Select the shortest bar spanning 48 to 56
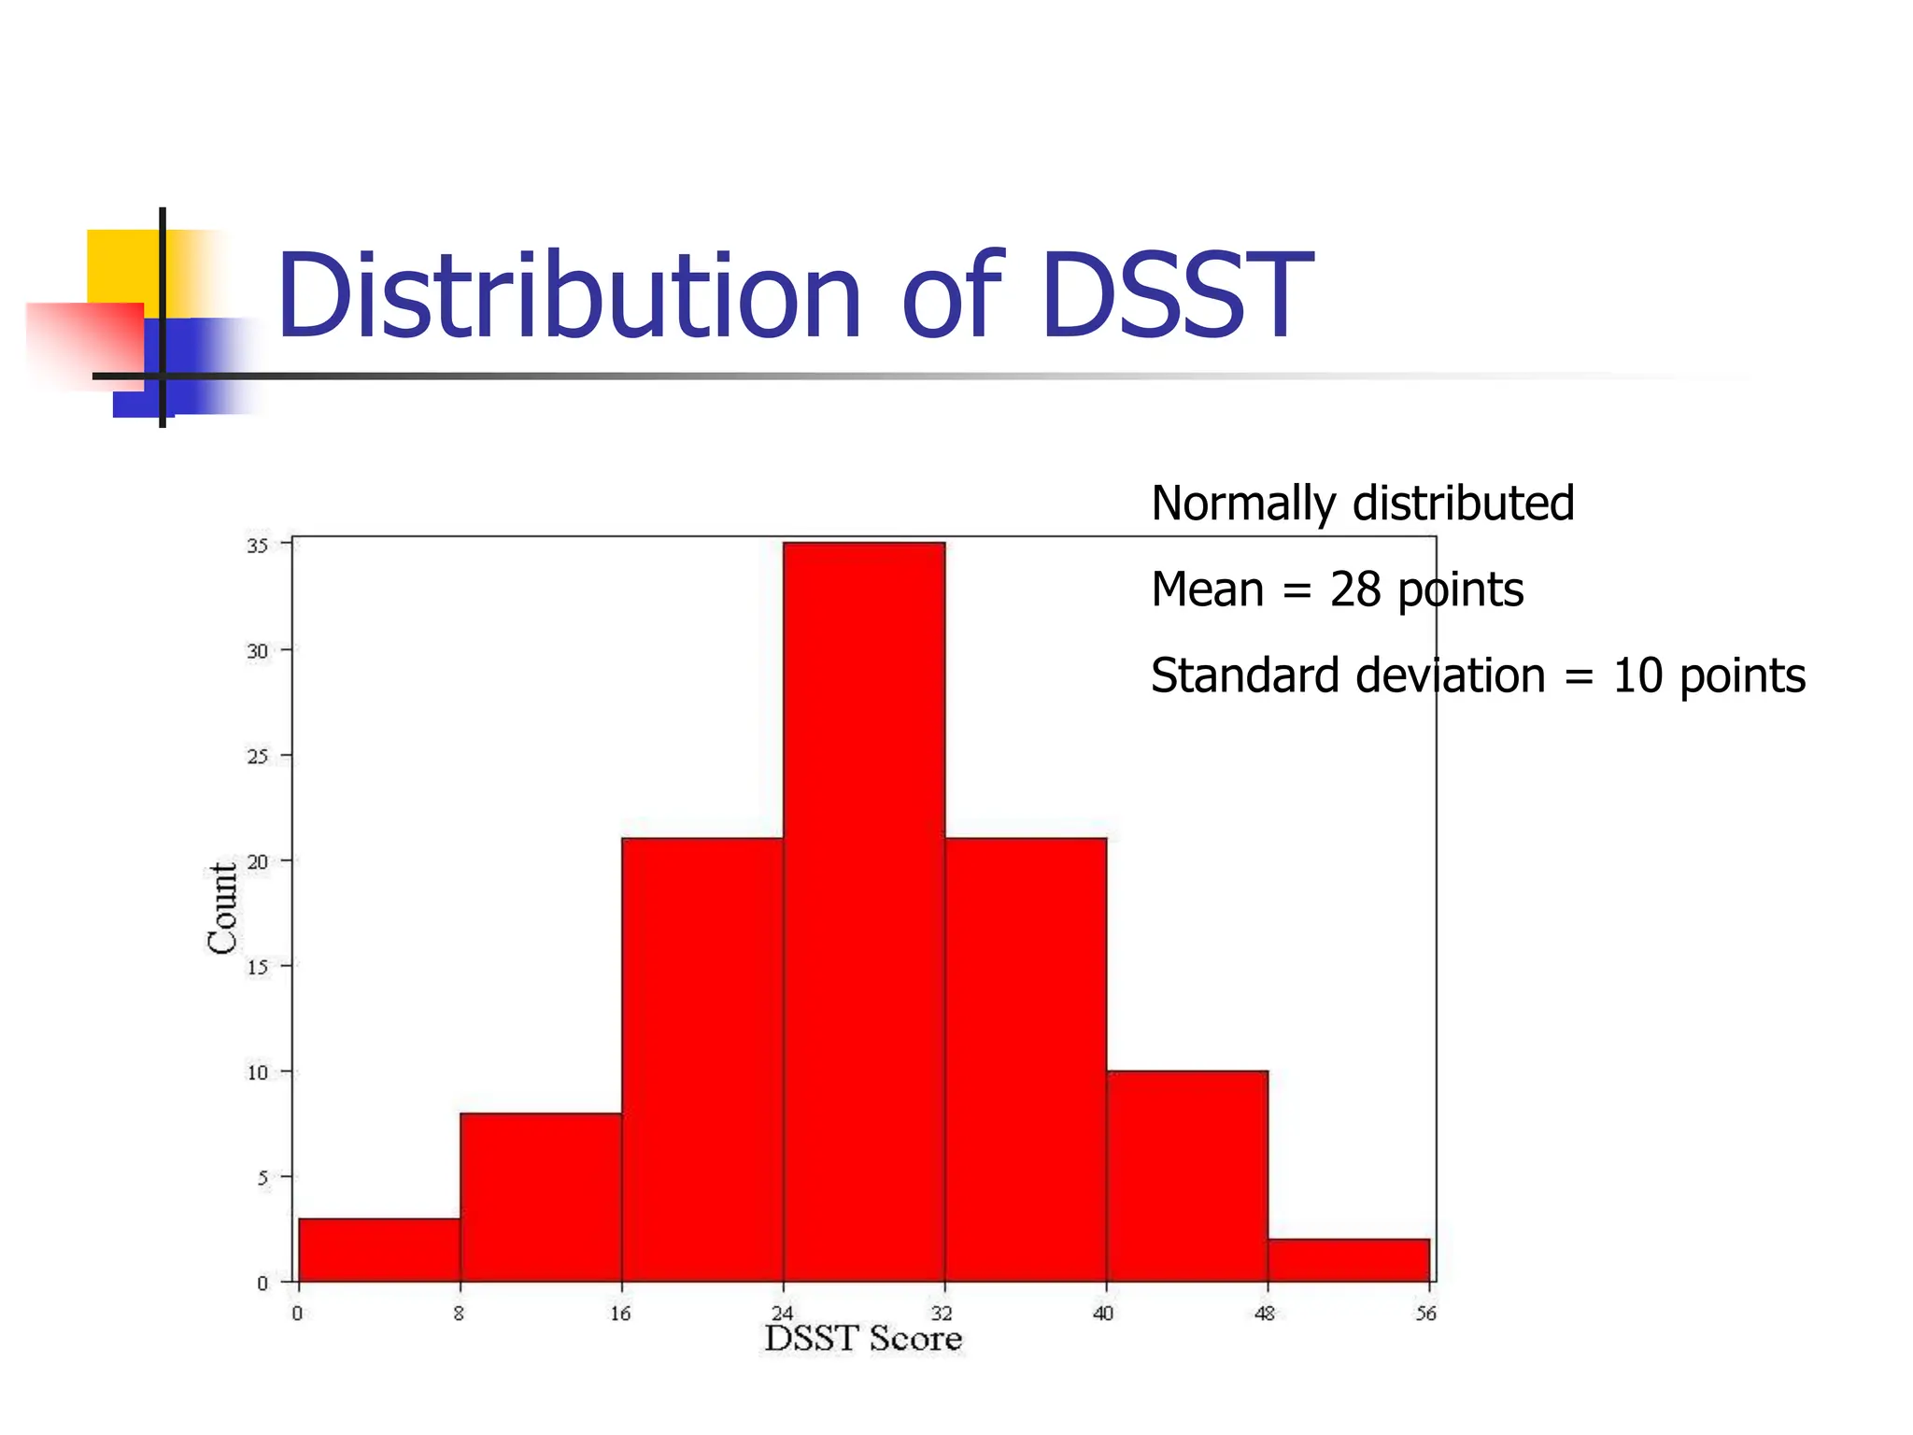pyautogui.click(x=1349, y=1259)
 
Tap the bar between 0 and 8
pyautogui.click(x=379, y=1249)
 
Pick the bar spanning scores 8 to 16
pyautogui.click(x=541, y=1197)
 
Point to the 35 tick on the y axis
pyautogui.click(x=257, y=546)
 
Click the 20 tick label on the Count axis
pyautogui.click(x=257, y=861)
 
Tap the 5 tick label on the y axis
pyautogui.click(x=262, y=1178)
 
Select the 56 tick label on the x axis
pyautogui.click(x=1425, y=1314)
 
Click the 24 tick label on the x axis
pyautogui.click(x=782, y=1314)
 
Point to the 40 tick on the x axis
pyautogui.click(x=1103, y=1314)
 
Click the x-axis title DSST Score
pyautogui.click(x=863, y=1339)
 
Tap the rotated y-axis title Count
pyautogui.click(x=221, y=908)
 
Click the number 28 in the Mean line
pyautogui.click(x=1354, y=590)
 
